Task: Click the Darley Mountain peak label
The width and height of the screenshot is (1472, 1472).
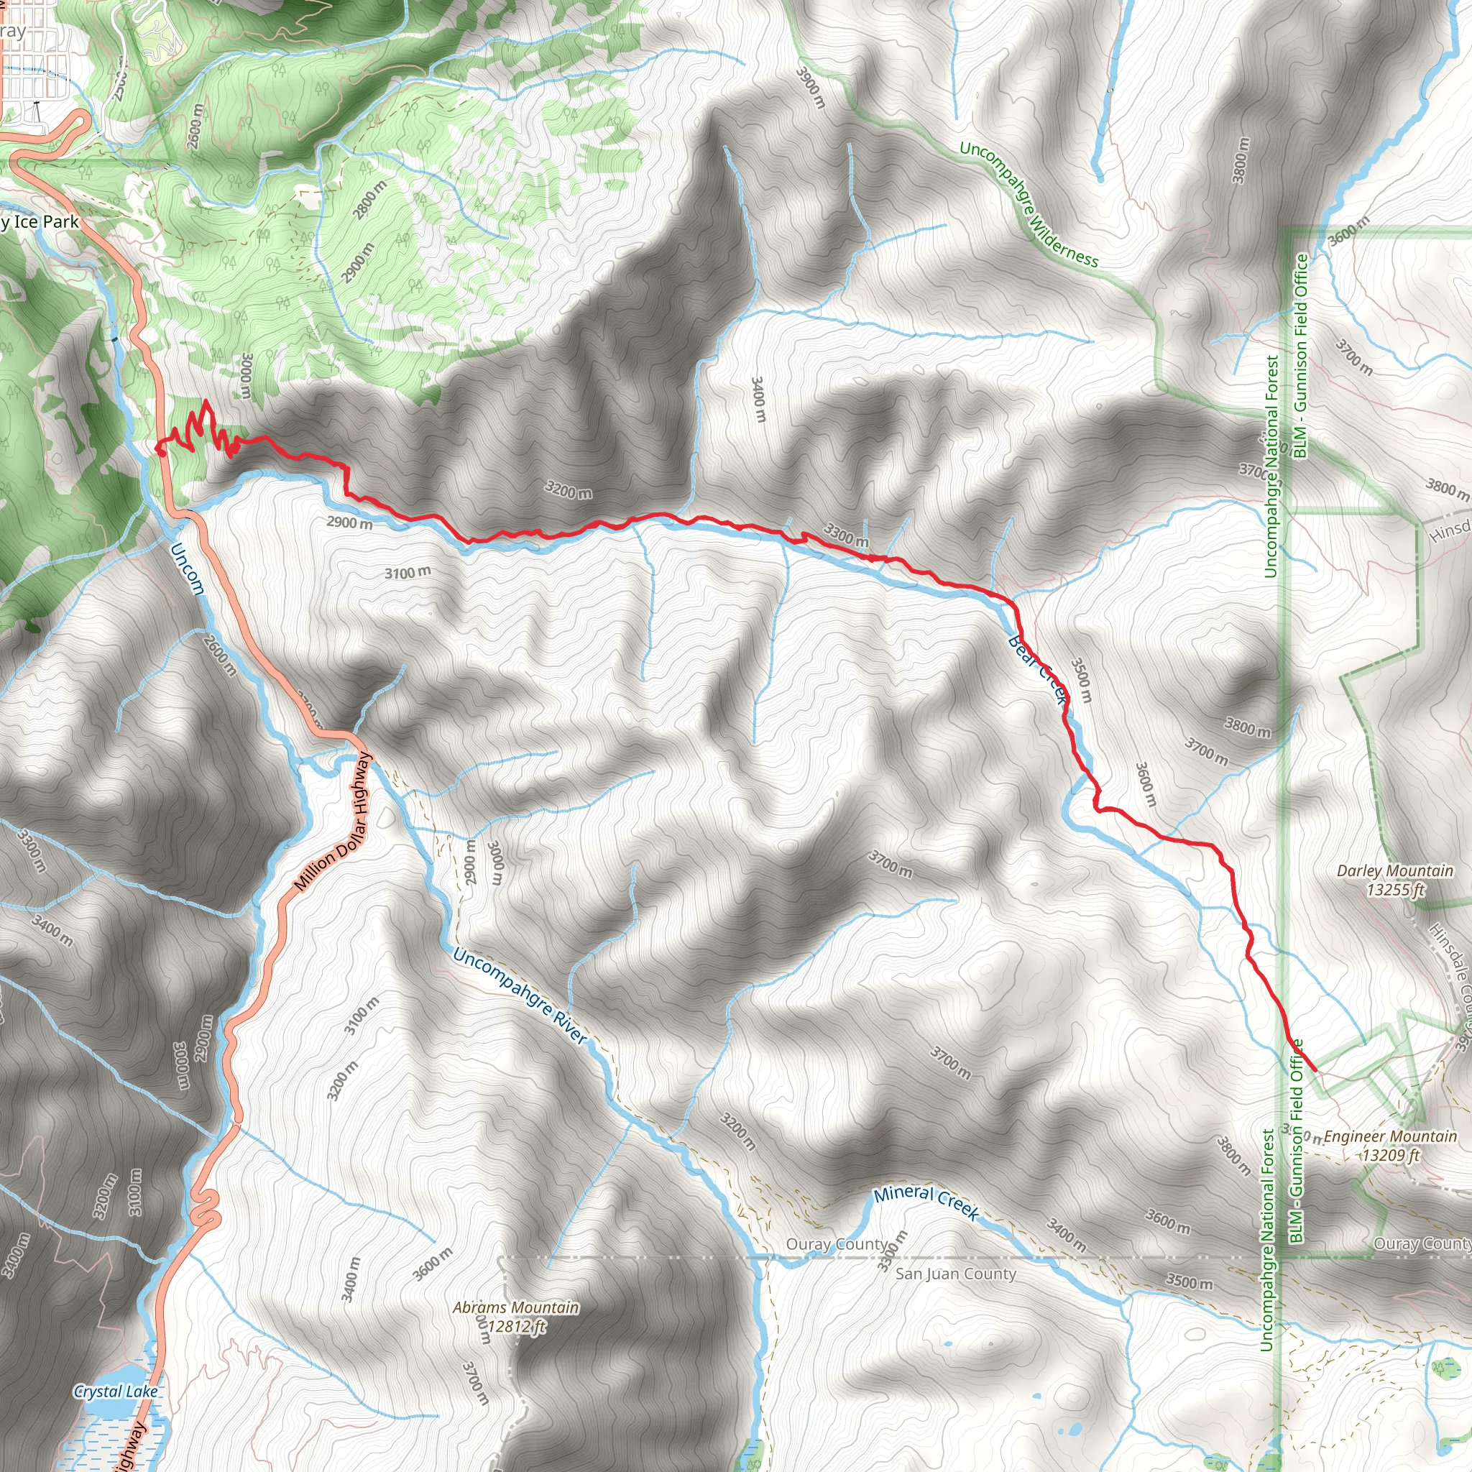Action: click(1395, 880)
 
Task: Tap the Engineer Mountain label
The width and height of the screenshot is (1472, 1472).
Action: click(1390, 1145)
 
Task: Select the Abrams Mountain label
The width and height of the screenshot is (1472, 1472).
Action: click(516, 1317)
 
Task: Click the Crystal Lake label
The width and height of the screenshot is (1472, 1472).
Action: click(116, 1391)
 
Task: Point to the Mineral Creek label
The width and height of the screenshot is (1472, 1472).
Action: click(926, 1202)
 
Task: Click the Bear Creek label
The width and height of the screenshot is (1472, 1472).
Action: click(1037, 668)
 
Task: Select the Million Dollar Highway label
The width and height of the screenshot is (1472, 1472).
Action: click(333, 822)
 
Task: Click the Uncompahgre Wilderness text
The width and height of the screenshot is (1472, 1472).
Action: click(1028, 204)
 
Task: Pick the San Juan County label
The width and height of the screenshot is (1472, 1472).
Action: click(955, 1274)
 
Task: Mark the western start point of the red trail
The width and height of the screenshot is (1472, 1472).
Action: click(160, 448)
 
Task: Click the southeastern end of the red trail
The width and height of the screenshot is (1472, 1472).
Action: click(1315, 1070)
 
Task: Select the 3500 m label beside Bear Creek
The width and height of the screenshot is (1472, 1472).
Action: click(1081, 681)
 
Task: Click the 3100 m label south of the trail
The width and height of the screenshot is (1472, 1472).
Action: click(408, 572)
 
